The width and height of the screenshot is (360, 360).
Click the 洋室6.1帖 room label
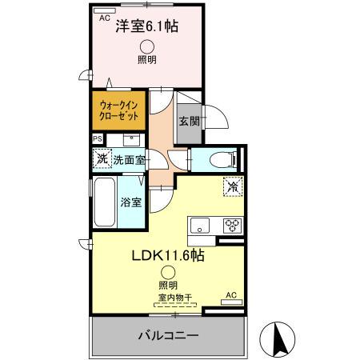pyautogui.click(x=147, y=26)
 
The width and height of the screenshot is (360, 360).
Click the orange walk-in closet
pyautogui.click(x=119, y=110)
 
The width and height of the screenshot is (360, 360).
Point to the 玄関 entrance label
pyautogui.click(x=189, y=122)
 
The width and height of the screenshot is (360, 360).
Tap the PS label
pyautogui.click(x=98, y=138)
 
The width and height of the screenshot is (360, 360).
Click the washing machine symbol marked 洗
pyautogui.click(x=102, y=158)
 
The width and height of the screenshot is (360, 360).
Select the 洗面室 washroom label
pyautogui.click(x=129, y=160)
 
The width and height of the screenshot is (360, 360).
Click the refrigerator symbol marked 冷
pyautogui.click(x=230, y=186)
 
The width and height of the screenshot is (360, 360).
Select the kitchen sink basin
pyautogui.click(x=200, y=223)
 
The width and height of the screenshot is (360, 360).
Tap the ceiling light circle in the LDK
pyautogui.click(x=166, y=272)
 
